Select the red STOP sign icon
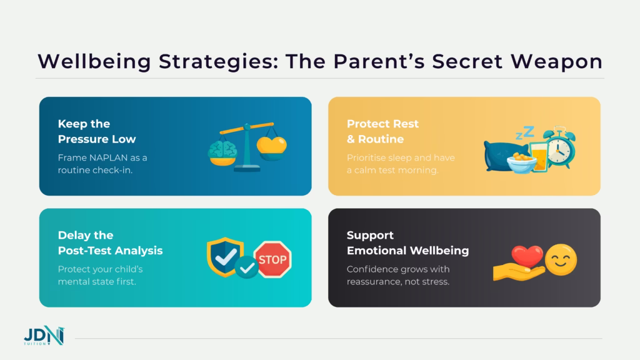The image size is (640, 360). [272, 257]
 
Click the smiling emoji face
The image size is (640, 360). [561, 260]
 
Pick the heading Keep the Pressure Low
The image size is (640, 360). [96, 131]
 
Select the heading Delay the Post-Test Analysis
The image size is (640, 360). [110, 242]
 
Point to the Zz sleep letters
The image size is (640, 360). [524, 132]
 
